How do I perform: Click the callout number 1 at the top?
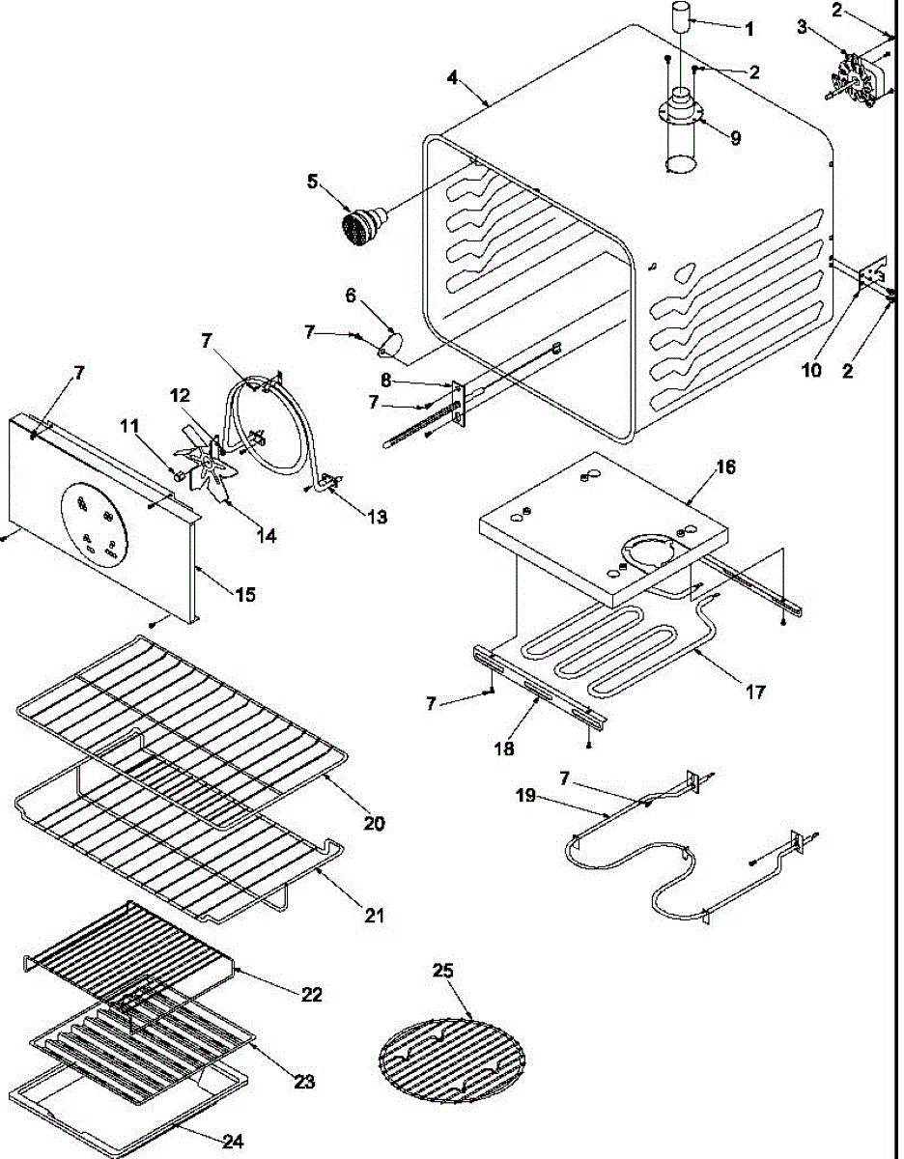[x=749, y=29]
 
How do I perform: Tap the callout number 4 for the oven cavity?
[x=453, y=77]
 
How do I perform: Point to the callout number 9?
[x=736, y=139]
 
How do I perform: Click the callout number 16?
[x=725, y=467]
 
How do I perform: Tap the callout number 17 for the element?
[x=755, y=692]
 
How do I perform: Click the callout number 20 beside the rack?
[x=374, y=824]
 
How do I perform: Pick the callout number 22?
[x=311, y=994]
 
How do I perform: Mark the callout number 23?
[x=304, y=1083]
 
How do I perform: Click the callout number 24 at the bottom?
[x=233, y=1142]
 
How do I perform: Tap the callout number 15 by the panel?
[x=245, y=595]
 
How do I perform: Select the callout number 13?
[x=376, y=517]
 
